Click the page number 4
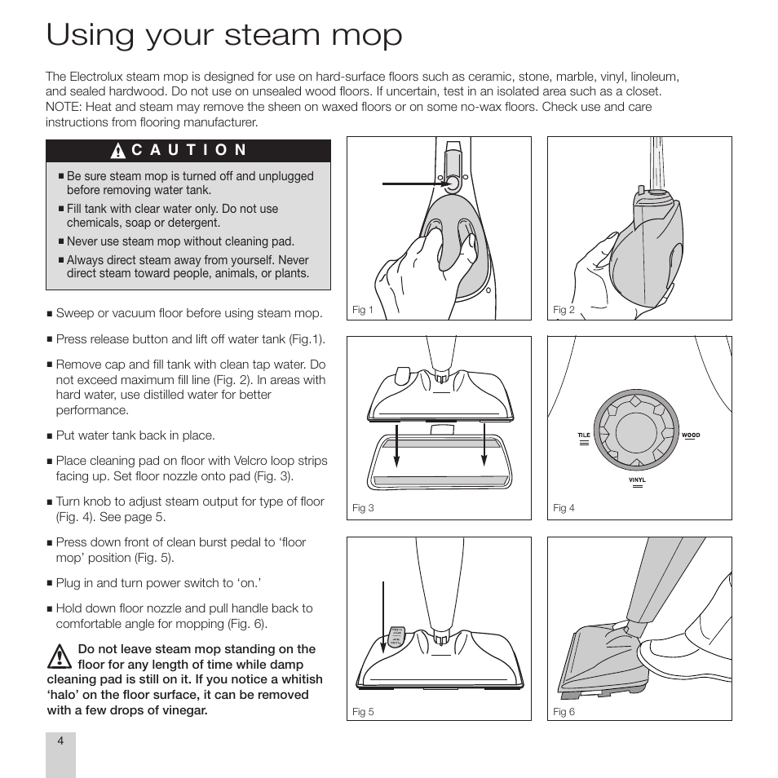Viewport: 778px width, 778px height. pyautogui.click(x=60, y=740)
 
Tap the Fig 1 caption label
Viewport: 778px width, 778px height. pyautogui.click(x=362, y=310)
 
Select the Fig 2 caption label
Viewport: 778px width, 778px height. pyautogui.click(x=564, y=310)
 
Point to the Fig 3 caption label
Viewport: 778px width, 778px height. pyautogui.click(x=363, y=508)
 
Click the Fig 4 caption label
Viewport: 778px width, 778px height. pyautogui.click(x=564, y=508)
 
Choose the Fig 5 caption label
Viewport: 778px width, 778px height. pyautogui.click(x=363, y=712)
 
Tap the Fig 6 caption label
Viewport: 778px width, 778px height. pyautogui.click(x=564, y=712)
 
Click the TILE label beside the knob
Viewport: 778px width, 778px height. pyautogui.click(x=584, y=435)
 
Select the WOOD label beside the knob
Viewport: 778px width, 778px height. pyautogui.click(x=691, y=435)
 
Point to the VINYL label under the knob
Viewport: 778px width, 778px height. pyautogui.click(x=637, y=480)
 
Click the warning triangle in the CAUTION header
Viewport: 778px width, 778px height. pyautogui.click(x=118, y=151)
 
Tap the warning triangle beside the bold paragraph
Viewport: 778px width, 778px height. pyautogui.click(x=58, y=657)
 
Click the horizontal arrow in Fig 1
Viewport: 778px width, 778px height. pyautogui.click(x=412, y=184)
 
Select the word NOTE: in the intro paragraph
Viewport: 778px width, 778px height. pyautogui.click(x=63, y=107)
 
